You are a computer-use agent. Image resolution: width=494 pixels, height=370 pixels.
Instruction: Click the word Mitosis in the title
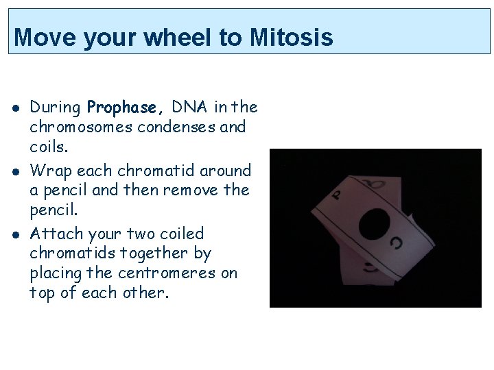[292, 37]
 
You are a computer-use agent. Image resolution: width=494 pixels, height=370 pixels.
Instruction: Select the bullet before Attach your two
[14, 234]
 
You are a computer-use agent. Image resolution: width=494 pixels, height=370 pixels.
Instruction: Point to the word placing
[56, 273]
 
